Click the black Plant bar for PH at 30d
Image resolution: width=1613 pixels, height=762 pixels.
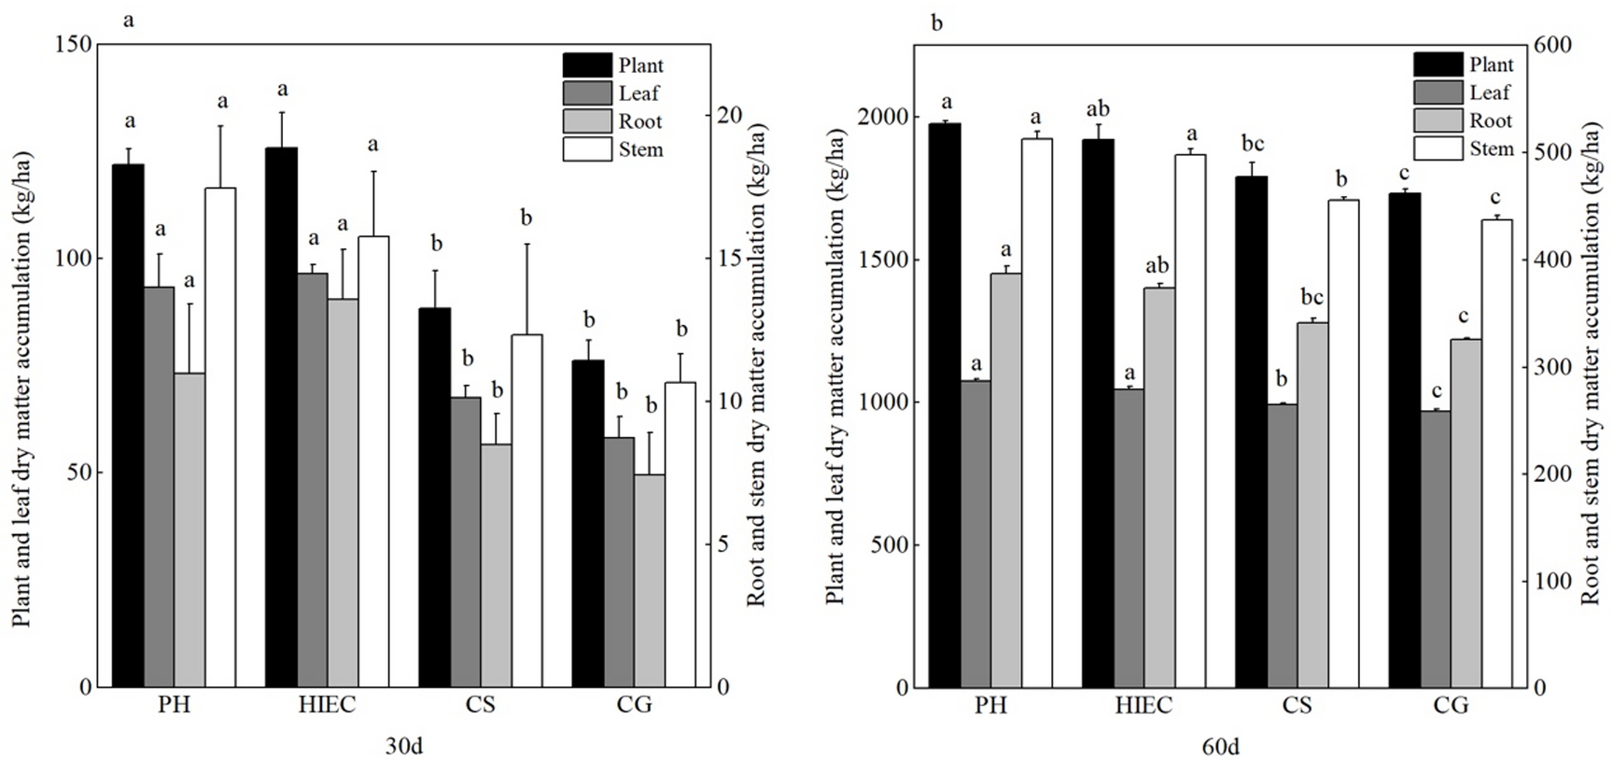click(x=128, y=425)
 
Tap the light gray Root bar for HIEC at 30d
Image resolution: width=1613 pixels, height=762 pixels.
click(x=343, y=492)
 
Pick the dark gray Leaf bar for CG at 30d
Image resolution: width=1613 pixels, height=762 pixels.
click(x=618, y=561)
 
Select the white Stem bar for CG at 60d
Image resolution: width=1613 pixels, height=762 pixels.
click(x=1496, y=453)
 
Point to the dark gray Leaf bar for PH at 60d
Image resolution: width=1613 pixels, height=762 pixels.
click(x=975, y=533)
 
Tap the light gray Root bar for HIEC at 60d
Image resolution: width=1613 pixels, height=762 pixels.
click(x=1159, y=487)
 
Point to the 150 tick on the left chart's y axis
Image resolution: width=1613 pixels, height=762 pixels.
click(x=76, y=45)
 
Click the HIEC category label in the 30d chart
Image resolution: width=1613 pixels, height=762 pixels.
click(x=327, y=704)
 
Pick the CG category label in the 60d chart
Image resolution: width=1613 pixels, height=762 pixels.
click(x=1451, y=704)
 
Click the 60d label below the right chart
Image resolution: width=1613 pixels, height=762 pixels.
click(x=1221, y=747)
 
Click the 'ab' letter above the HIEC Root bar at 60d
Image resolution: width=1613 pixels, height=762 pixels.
click(x=1158, y=266)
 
